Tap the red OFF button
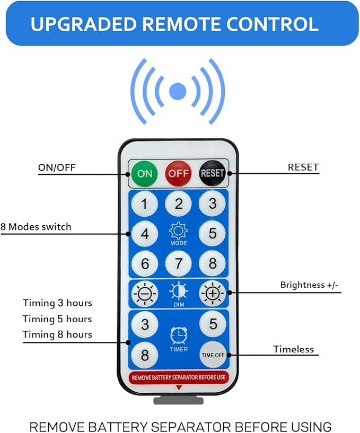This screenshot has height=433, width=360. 178,173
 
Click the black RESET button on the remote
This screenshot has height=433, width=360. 212,173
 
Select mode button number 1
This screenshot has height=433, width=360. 144,204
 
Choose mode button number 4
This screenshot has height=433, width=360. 144,233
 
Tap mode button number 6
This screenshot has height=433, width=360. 144,263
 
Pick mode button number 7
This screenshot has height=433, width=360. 178,263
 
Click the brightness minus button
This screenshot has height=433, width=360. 144,293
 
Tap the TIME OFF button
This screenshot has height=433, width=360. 213,355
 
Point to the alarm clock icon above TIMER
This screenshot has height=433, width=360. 178,335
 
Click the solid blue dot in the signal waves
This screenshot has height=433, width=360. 178,91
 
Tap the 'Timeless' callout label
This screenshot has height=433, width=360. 293,349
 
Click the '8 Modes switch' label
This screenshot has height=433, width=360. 36,227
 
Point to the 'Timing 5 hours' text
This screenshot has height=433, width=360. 57,319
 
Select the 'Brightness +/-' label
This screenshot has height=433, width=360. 309,285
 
